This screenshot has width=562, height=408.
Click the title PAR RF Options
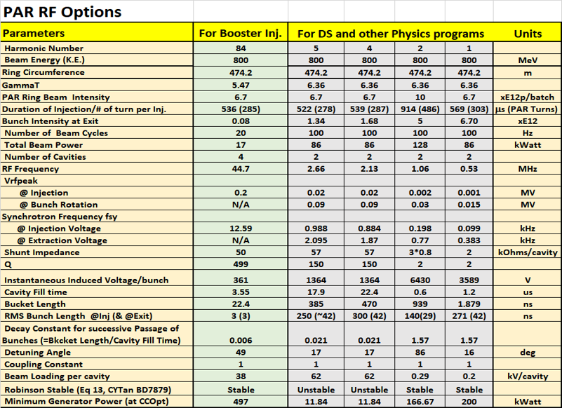pos(63,12)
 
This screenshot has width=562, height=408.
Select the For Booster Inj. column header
pos(240,33)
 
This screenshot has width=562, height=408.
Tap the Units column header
pos(527,33)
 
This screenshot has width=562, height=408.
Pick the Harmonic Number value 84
pos(240,48)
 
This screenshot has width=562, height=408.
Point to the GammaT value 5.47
pos(240,85)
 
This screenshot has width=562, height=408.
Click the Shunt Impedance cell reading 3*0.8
pos(420,252)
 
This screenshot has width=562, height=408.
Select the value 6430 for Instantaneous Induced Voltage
pos(420,280)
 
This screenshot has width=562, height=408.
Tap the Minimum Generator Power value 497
pos(240,402)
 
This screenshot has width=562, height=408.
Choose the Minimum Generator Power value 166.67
pos(420,402)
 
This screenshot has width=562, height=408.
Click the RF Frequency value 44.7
pos(240,169)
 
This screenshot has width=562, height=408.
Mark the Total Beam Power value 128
pos(420,145)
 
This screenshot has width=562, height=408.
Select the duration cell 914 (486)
pos(420,109)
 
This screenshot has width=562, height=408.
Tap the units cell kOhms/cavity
pos(527,252)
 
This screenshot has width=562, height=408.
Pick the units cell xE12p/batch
pos(527,97)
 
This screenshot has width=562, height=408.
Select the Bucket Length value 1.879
pos(469,304)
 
